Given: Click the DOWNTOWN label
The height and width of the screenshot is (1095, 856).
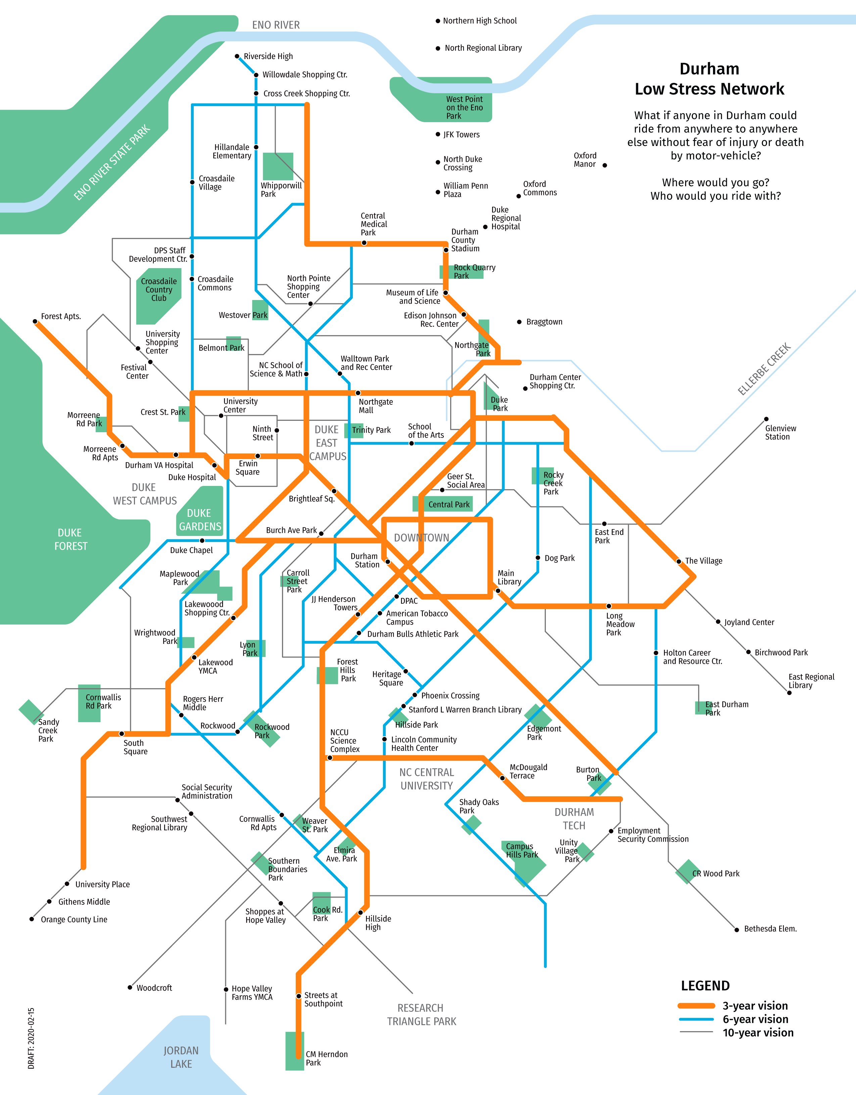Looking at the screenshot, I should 421,538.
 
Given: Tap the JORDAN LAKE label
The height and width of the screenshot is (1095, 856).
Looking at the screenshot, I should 181,1057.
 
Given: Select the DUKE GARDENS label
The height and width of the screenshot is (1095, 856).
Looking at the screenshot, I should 200,520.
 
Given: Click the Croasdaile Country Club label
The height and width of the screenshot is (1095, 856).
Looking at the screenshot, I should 158,290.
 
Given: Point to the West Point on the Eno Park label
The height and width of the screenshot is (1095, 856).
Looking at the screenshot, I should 464,107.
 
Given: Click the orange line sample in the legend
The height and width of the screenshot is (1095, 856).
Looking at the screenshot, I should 696,1006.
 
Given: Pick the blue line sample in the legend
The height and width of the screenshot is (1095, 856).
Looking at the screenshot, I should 696,1019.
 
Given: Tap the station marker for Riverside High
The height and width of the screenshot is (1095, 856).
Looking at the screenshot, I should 237,56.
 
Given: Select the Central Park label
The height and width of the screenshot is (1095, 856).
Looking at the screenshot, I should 448,504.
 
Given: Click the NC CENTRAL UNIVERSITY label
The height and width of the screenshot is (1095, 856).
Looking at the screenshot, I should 426,779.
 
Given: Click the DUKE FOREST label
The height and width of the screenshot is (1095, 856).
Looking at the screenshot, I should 71,540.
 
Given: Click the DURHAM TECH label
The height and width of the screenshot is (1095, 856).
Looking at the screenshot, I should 574,819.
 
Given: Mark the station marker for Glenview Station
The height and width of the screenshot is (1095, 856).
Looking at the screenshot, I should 766,419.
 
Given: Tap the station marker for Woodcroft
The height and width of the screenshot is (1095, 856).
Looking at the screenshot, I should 130,988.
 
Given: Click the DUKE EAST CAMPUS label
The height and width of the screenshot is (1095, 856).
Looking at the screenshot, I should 327,443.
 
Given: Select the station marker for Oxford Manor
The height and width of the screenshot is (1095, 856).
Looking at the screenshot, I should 605,165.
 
